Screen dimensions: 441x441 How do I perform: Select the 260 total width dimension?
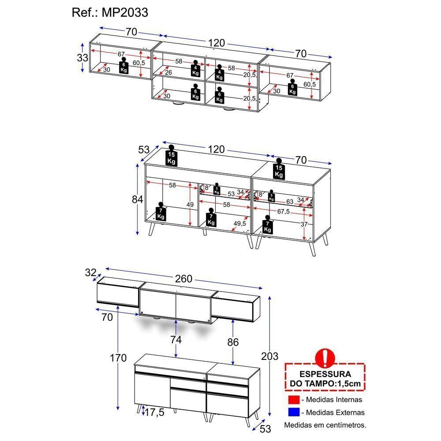tap(183, 279)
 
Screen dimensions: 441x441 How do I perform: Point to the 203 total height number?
tap(270, 356)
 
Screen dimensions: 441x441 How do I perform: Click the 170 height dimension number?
tap(118, 358)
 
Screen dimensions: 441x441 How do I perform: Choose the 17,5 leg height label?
tap(154, 412)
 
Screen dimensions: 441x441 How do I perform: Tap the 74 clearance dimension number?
tap(176, 340)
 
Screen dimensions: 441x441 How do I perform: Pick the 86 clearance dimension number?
tap(233, 342)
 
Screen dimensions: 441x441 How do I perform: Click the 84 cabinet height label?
tap(138, 199)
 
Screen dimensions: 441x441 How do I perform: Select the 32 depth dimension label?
tap(90, 273)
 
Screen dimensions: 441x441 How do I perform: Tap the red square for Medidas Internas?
tap(293, 400)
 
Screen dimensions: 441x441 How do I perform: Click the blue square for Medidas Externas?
tap(293, 413)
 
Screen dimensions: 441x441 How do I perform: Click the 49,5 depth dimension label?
tap(240, 224)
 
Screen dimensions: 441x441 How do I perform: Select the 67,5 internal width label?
tap(284, 211)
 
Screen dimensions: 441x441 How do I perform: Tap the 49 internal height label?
tap(190, 205)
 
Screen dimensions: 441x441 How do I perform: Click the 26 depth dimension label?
tap(168, 72)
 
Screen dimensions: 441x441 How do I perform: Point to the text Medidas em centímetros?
tap(325, 426)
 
